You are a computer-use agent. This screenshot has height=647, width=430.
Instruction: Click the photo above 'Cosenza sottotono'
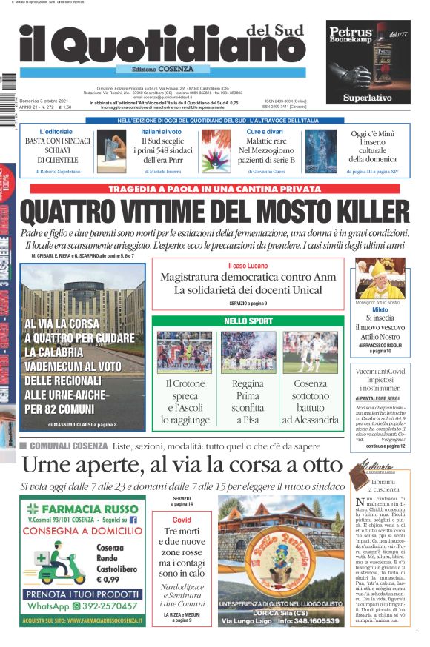click(x=310, y=352)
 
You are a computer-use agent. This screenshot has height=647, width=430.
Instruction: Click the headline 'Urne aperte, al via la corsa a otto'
click(x=182, y=464)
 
